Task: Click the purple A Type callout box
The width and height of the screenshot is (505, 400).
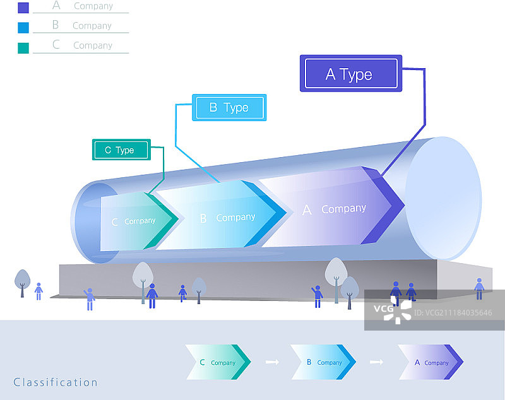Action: pos(351,74)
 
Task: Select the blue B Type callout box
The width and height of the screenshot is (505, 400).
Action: pos(229,107)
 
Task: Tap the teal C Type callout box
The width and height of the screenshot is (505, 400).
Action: pos(121,150)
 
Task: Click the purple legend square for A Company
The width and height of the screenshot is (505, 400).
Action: pos(23,8)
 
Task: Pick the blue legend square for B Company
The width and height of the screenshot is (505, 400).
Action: pos(23,27)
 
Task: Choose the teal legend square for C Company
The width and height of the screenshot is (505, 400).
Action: pos(23,47)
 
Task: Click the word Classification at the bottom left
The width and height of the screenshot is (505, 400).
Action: pos(56,382)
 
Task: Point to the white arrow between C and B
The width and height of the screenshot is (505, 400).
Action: pos(272,362)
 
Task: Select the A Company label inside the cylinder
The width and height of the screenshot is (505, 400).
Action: pos(335,209)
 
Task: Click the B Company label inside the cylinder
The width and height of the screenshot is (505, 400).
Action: pos(227,218)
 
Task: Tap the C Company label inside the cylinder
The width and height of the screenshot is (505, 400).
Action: pos(133,221)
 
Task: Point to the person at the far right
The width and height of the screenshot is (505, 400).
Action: pos(479,288)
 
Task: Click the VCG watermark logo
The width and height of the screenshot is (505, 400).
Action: pos(392,309)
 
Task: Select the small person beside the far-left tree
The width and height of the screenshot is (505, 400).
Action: pos(39,291)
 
